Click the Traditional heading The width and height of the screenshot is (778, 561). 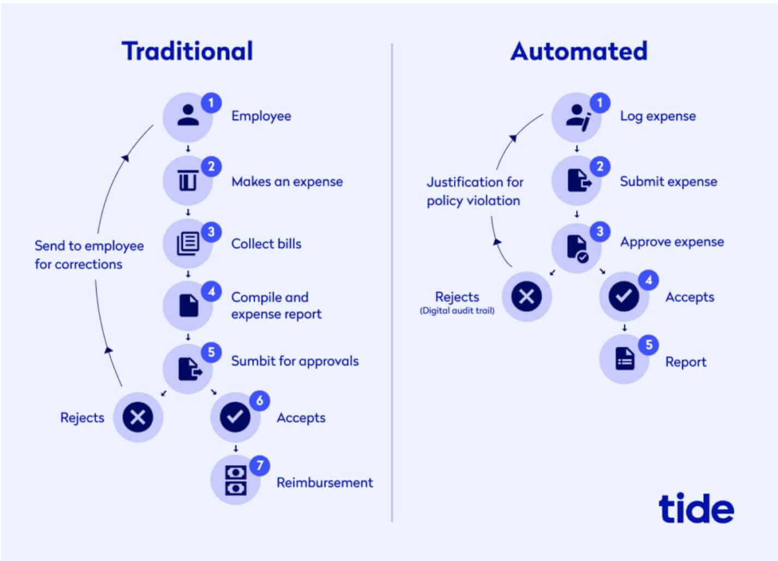(187, 51)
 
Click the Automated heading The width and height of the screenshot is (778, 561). (579, 51)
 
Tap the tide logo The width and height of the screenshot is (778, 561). (696, 508)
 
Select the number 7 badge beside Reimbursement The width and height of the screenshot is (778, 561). (260, 465)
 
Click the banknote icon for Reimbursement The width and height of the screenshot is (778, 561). (236, 480)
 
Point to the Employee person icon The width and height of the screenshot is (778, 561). (188, 115)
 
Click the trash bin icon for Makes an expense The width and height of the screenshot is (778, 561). (188, 180)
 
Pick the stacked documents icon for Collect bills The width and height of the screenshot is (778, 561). (188, 243)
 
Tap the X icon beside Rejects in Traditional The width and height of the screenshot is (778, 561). (137, 417)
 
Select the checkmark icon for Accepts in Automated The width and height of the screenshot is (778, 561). (624, 296)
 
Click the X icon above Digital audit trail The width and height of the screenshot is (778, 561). (526, 296)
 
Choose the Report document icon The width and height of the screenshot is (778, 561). (625, 359)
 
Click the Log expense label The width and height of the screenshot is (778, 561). (658, 116)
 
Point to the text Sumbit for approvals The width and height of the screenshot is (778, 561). (295, 361)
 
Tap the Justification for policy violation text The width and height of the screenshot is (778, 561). (475, 191)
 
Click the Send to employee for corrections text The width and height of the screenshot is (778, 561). (89, 255)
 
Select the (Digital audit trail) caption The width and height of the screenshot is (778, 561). (457, 310)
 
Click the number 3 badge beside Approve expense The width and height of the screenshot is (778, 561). (600, 231)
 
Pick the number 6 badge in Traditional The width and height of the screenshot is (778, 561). (260, 401)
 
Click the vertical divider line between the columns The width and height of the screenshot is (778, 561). (392, 282)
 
